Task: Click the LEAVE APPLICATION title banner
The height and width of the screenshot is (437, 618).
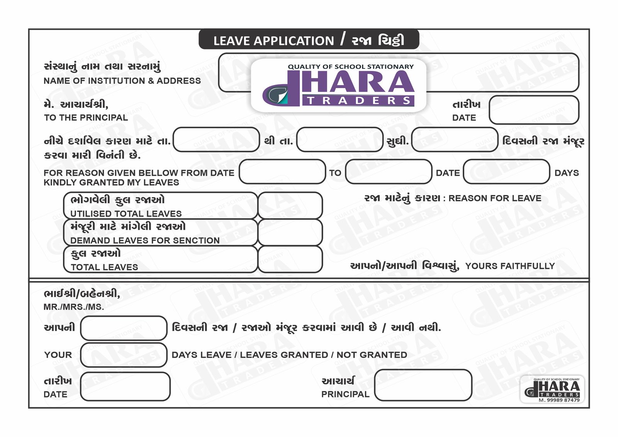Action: [x=309, y=40]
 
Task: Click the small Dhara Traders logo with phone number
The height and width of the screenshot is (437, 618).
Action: [x=552, y=388]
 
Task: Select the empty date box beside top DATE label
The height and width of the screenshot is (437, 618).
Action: [x=534, y=110]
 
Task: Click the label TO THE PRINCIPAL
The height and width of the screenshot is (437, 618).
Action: [x=86, y=117]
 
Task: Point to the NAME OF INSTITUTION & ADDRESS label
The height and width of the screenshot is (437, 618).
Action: [x=122, y=81]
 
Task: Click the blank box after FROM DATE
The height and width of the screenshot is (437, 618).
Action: [x=282, y=172]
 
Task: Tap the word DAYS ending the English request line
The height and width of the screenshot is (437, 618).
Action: [x=566, y=173]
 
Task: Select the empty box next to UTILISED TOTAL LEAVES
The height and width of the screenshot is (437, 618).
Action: [x=290, y=206]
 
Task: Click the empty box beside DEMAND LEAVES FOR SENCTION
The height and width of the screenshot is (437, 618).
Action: [x=290, y=232]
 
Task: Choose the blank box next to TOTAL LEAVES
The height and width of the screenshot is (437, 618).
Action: [x=290, y=259]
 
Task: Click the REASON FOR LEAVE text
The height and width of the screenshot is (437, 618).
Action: [x=495, y=198]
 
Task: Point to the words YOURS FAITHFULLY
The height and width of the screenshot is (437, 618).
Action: [x=510, y=266]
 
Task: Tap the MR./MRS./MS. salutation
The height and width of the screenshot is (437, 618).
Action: [x=74, y=307]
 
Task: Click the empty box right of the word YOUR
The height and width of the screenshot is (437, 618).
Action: [x=124, y=355]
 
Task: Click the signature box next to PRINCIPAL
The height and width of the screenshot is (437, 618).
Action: [x=423, y=385]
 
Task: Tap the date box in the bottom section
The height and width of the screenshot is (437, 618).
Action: [x=125, y=386]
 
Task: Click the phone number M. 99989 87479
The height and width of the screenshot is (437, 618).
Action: [x=559, y=400]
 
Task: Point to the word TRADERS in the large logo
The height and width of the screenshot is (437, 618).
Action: [x=359, y=101]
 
